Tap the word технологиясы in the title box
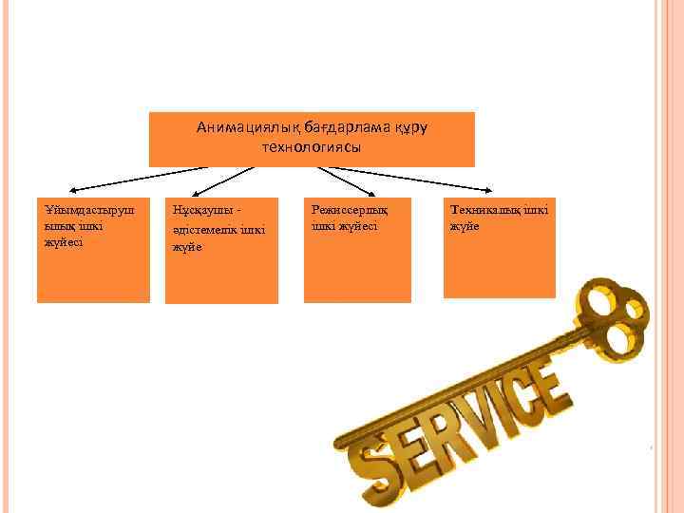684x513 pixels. tap(311, 148)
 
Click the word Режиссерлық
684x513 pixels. tap(345, 210)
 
